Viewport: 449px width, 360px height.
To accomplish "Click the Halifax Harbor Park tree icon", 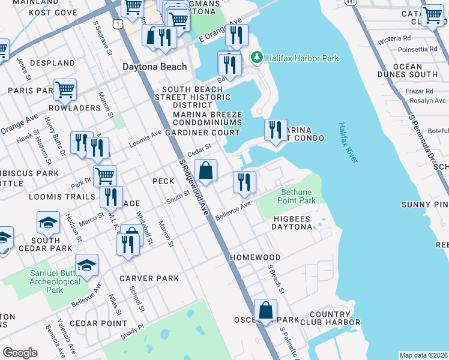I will pos(257,58).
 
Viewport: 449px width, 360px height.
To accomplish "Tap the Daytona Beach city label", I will pos(155,67).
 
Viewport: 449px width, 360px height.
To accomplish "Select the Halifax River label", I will pos(348,142).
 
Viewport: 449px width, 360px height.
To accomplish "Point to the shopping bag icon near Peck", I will pos(205,170).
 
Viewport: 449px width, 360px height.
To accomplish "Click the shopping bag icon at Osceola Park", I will pos(265,310).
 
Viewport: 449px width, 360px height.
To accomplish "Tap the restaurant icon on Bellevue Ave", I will pos(244,182).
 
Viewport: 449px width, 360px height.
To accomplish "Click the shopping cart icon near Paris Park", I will pos(65,90).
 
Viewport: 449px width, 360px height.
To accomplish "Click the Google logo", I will pos(20,352).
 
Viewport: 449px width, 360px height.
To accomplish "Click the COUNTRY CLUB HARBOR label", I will pos(330,319).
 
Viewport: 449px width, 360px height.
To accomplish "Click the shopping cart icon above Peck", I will pos(104,175).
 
